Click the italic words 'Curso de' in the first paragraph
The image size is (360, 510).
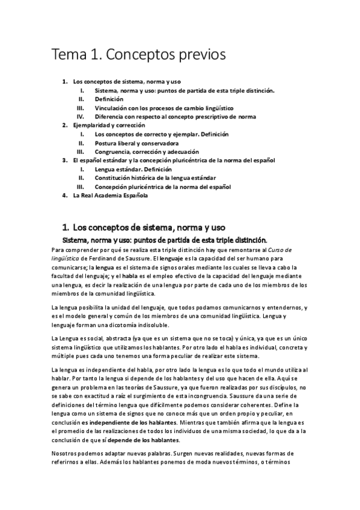point(308,248)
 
